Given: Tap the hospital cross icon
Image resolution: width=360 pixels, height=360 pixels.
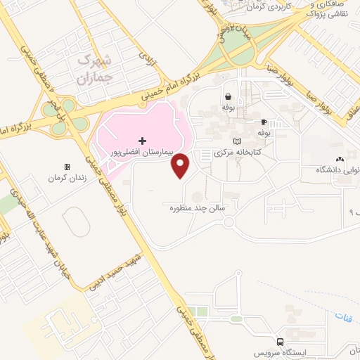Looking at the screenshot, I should point(143,141).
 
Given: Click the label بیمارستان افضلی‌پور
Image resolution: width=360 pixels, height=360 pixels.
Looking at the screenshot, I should point(143,152).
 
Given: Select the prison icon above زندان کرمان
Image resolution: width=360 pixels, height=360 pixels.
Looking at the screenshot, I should point(67,167).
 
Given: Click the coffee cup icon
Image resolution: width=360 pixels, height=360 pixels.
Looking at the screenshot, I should point(264,122).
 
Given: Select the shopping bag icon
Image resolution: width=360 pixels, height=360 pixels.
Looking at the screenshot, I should point(229,98).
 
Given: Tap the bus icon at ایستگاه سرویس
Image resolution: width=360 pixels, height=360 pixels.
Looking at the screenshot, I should point(281,342).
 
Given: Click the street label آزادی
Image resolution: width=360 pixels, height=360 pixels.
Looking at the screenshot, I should point(146,54).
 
